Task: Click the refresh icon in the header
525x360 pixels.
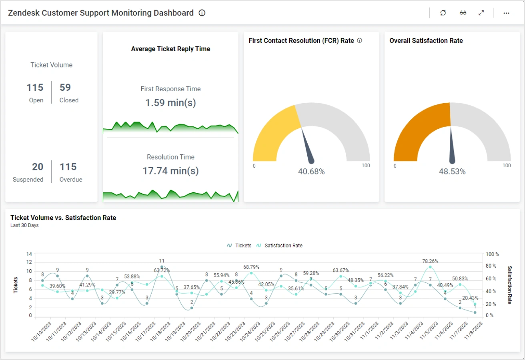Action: pyautogui.click(x=443, y=13)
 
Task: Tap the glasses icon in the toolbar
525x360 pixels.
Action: pyautogui.click(x=463, y=13)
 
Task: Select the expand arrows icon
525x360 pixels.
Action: pyautogui.click(x=481, y=13)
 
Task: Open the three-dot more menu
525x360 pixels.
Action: pyautogui.click(x=506, y=13)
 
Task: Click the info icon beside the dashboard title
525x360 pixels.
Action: pyautogui.click(x=202, y=13)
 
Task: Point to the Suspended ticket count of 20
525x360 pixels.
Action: pyautogui.click(x=38, y=167)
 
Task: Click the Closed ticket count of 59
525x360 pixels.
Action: pyautogui.click(x=65, y=88)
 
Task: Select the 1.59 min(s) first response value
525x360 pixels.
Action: pyautogui.click(x=170, y=103)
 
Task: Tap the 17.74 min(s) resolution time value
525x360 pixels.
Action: pyautogui.click(x=170, y=171)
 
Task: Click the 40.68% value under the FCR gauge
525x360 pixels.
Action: pyautogui.click(x=311, y=172)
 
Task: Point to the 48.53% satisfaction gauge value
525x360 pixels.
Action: pyautogui.click(x=452, y=172)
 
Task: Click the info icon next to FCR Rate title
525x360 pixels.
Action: pyautogui.click(x=359, y=40)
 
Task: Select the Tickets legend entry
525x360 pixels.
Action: pyautogui.click(x=239, y=246)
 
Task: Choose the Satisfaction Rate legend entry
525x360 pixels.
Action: pyautogui.click(x=280, y=246)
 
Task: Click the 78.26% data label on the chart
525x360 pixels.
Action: pyautogui.click(x=430, y=261)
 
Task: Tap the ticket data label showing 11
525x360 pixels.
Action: pyautogui.click(x=162, y=261)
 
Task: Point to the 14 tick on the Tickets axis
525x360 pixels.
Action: pyautogui.click(x=29, y=254)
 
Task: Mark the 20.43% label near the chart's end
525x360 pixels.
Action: pyautogui.click(x=470, y=298)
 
